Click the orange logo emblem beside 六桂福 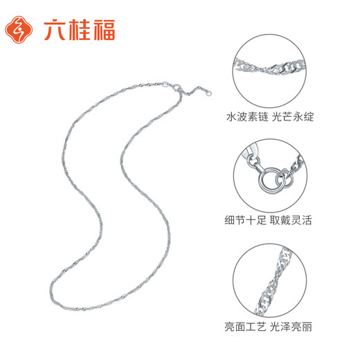pos(20,28)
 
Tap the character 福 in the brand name pos(103,29)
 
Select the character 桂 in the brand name pos(78,29)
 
